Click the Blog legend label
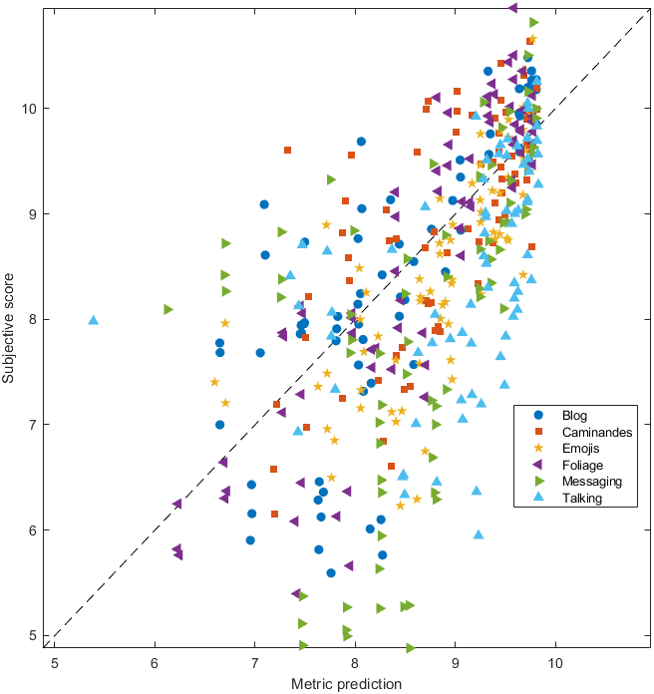coord(575,415)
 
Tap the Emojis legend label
coord(580,448)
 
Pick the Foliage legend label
coord(582,465)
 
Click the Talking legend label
coord(582,498)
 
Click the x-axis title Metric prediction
coord(346,684)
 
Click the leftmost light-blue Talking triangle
coord(94,320)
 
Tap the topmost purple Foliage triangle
coord(512,8)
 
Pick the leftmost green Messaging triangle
coord(168,309)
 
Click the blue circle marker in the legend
coord(539,415)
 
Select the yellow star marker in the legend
coord(539,448)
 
